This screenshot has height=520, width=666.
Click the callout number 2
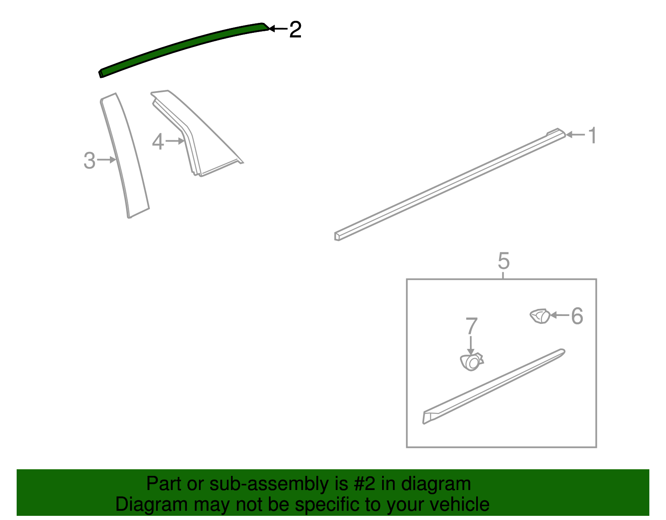pyautogui.click(x=295, y=30)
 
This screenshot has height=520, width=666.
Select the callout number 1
pyautogui.click(x=592, y=135)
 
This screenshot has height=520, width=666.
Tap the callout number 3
pyautogui.click(x=89, y=160)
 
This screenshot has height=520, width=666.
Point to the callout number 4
pyautogui.click(x=158, y=142)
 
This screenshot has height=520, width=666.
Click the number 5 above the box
pyautogui.click(x=504, y=261)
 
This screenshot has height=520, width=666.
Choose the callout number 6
pyautogui.click(x=577, y=316)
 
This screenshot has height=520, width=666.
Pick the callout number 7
pyautogui.click(x=471, y=326)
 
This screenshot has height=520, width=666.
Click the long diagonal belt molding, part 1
pyautogui.click(x=450, y=184)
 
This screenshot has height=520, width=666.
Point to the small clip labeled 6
pyautogui.click(x=540, y=316)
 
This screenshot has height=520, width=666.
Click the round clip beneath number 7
pyautogui.click(x=471, y=362)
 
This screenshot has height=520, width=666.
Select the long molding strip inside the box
pyautogui.click(x=494, y=386)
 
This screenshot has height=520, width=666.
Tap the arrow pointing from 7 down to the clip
pyautogui.click(x=471, y=345)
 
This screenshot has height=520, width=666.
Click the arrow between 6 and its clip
pyautogui.click(x=560, y=315)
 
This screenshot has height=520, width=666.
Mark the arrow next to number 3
pyautogui.click(x=106, y=159)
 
